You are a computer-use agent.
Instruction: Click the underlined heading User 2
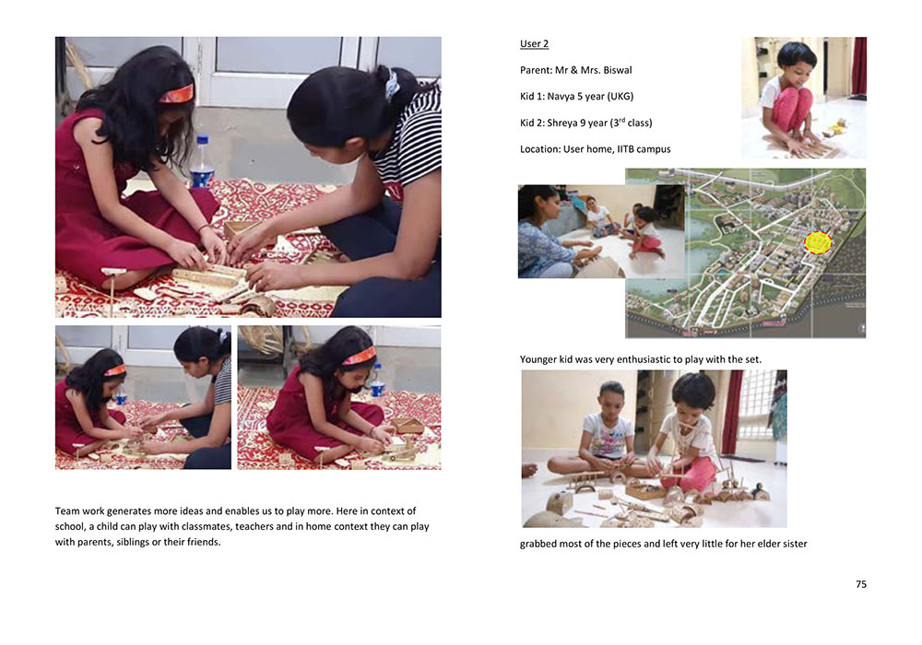pos(534,44)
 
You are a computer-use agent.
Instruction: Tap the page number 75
pos(861,584)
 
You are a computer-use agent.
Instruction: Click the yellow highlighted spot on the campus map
pos(818,242)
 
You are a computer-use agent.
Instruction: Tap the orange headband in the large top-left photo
pos(176,94)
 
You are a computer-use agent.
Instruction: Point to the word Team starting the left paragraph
pos(67,511)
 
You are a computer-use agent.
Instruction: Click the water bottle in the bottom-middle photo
pos(377,381)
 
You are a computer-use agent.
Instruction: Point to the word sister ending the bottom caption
pos(795,544)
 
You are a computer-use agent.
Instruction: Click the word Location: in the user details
pos(539,149)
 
